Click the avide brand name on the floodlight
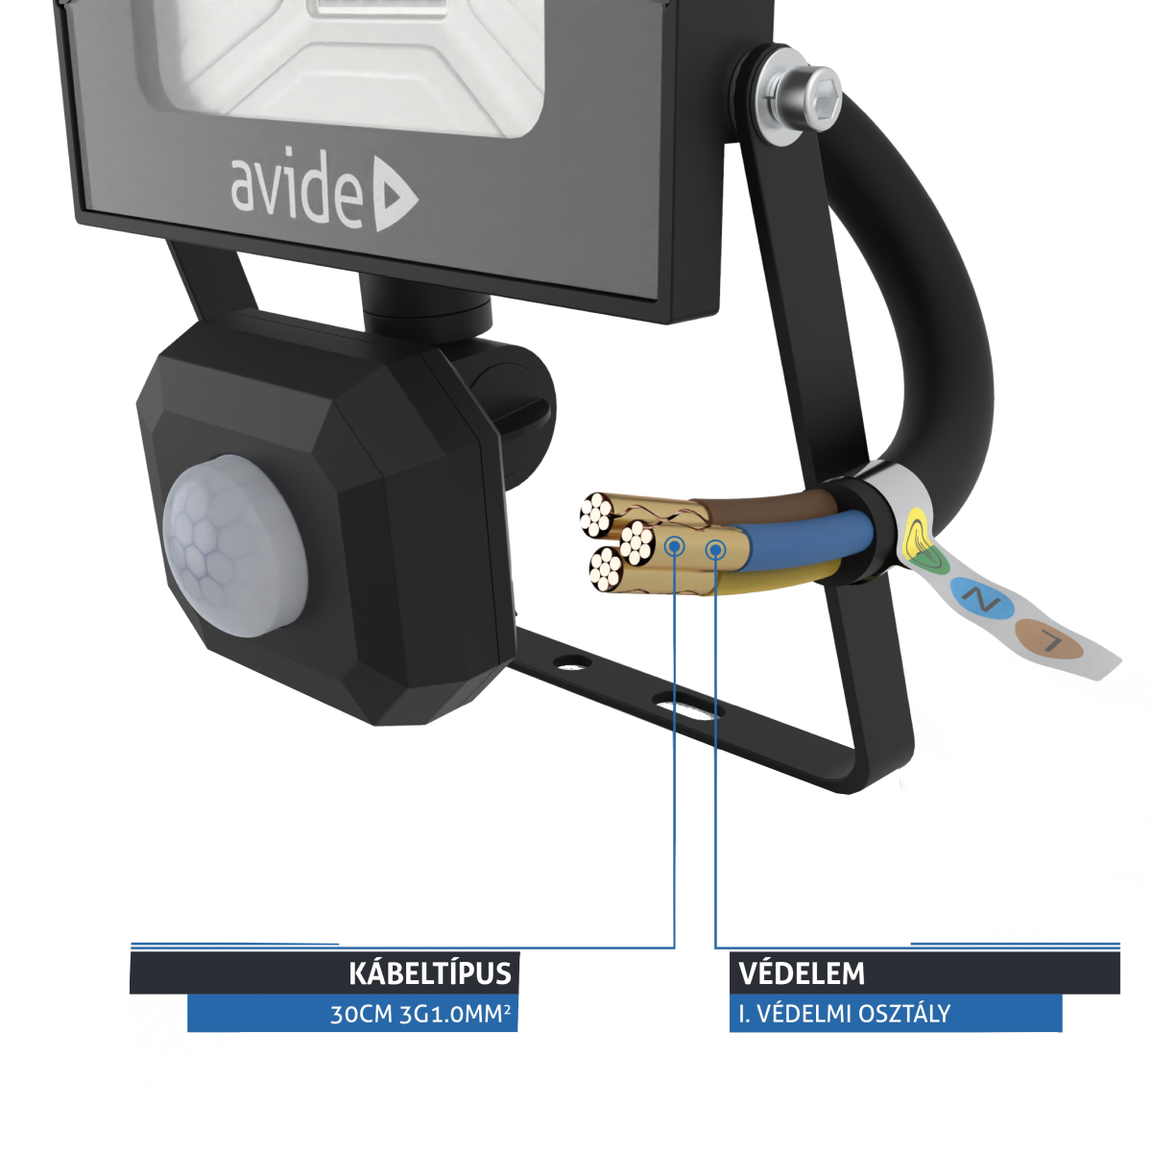(x=296, y=189)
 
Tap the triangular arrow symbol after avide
(x=394, y=197)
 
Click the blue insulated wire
(x=806, y=541)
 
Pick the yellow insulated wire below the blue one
(x=778, y=578)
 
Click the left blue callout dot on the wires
(x=675, y=546)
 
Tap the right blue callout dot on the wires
(x=715, y=549)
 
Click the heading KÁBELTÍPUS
(x=429, y=973)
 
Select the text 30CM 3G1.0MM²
(x=420, y=1014)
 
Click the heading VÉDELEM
(x=802, y=973)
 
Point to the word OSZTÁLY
(x=905, y=1014)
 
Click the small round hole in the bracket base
(x=573, y=662)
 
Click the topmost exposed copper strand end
(x=597, y=516)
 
